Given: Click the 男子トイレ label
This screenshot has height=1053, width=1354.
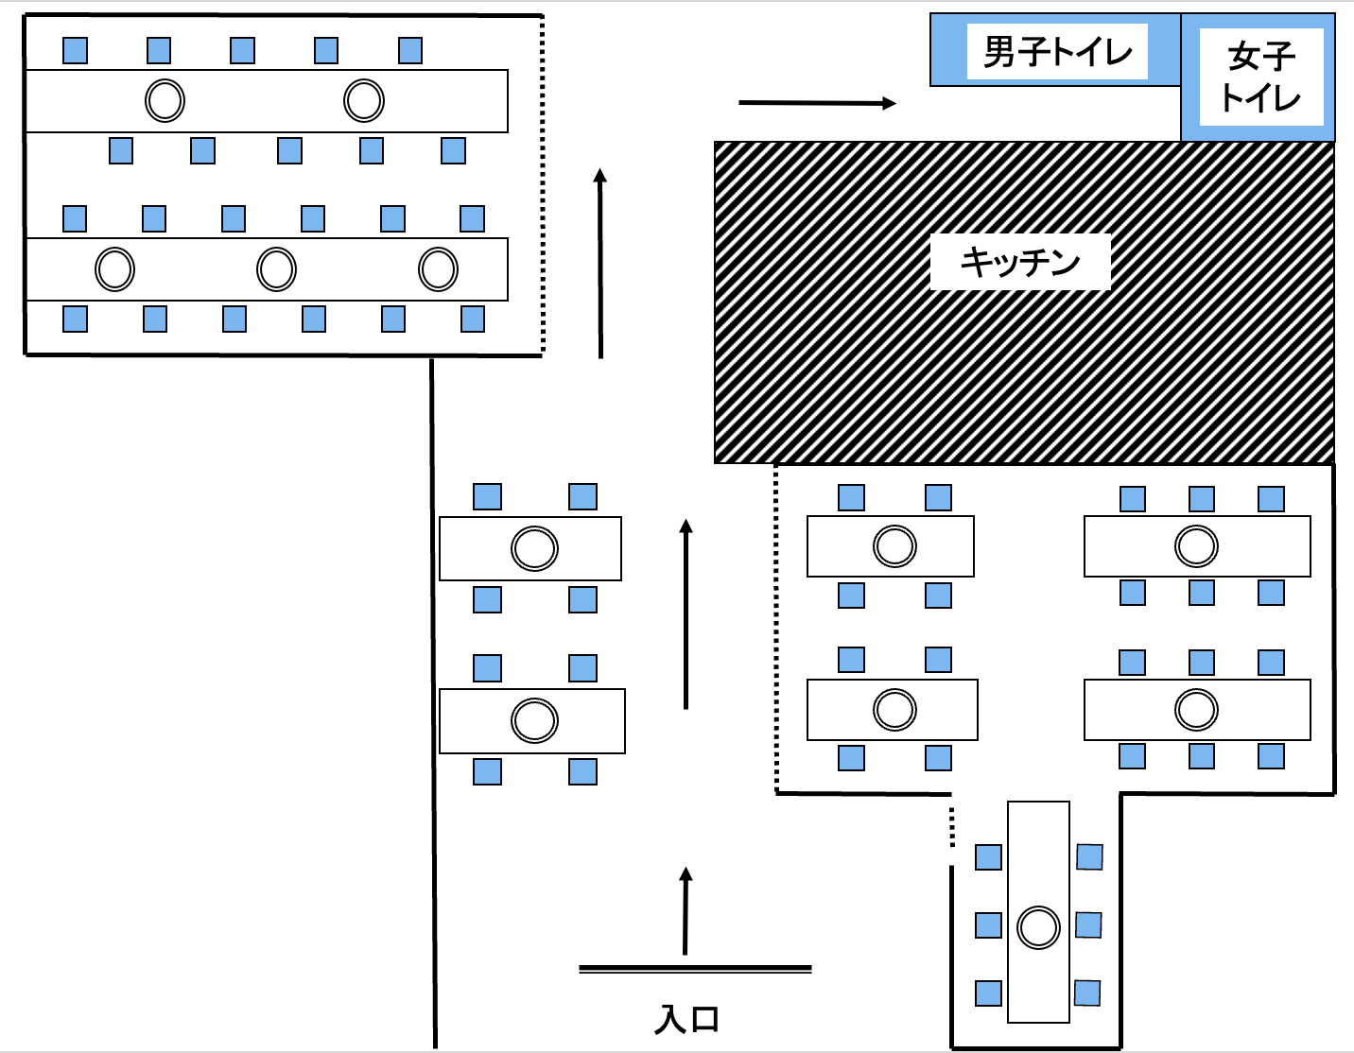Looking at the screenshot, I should pos(1057,51).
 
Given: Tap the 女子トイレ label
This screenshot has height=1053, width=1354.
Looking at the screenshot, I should pos(1260,78).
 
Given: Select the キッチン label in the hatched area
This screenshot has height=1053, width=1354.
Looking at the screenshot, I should pos(1019,261).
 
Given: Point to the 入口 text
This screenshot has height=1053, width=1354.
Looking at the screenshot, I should pos(687,1019).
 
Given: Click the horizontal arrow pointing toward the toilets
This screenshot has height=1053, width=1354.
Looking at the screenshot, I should pos(817,103).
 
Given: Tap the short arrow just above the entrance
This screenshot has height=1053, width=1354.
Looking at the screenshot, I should pos(686,911).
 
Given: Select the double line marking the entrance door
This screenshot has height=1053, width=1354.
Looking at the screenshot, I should pos(695,969).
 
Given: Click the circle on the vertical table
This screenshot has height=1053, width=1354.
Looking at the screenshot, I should pos(1038,927).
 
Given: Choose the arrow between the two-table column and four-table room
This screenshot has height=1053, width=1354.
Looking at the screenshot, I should pos(686,613).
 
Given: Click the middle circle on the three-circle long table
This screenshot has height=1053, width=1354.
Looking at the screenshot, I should pos(276,269).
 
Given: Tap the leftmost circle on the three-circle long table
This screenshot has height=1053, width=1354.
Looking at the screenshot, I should pos(114,269).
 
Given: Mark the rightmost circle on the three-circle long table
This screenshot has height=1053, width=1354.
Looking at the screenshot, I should pos(438,269).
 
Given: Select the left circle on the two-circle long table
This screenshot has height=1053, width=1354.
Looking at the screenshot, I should pos(165,100).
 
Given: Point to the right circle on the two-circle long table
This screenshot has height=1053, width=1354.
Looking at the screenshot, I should pos(364,100).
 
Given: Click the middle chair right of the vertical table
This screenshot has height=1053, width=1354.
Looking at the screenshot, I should pos(1088,924).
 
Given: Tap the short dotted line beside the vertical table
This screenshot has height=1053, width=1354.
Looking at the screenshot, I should pos(952,827).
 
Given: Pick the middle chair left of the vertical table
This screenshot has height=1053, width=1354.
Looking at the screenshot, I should pos(988,924).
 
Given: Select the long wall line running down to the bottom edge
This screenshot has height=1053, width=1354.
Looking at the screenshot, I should pos(433,703).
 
